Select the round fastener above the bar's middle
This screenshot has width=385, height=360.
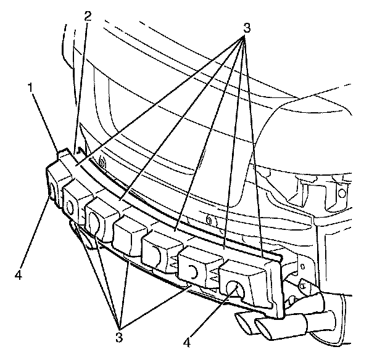click(x=209, y=220)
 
